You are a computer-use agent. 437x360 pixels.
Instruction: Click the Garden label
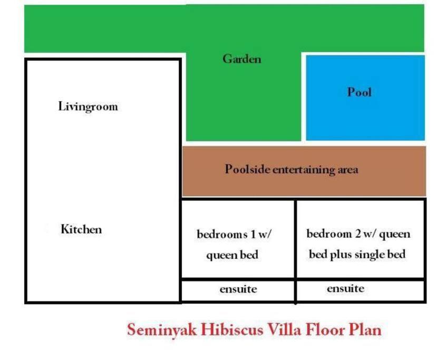pyautogui.click(x=242, y=59)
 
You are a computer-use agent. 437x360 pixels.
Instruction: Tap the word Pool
pyautogui.click(x=359, y=92)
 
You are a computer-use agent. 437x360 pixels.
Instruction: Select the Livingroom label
pyautogui.click(x=88, y=106)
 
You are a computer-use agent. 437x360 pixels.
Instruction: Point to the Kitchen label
pyautogui.click(x=81, y=229)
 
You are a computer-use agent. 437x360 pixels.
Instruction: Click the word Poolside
pyautogui.click(x=247, y=169)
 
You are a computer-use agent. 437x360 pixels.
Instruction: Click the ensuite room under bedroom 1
pyautogui.click(x=238, y=290)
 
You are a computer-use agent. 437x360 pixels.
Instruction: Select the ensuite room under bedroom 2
pyautogui.click(x=361, y=290)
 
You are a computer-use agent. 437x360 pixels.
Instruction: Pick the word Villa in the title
pyautogui.click(x=284, y=329)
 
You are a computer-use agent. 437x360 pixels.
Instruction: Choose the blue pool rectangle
pyautogui.click(x=365, y=98)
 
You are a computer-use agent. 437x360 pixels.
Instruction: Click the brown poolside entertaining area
pyautogui.click(x=304, y=171)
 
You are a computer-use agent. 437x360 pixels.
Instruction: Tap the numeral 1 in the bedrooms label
pyautogui.click(x=253, y=234)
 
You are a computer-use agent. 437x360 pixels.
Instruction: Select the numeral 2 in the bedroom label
pyautogui.click(x=358, y=234)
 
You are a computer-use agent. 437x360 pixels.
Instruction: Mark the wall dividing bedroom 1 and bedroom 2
pyautogui.click(x=295, y=239)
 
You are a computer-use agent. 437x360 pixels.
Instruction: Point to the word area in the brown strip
pyautogui.click(x=348, y=170)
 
